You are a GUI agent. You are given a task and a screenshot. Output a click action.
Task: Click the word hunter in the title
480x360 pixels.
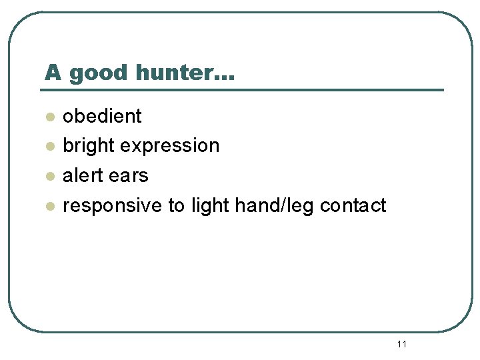176,72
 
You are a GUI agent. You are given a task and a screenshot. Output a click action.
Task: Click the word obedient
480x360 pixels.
102,116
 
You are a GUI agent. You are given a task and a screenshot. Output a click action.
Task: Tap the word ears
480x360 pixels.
131,175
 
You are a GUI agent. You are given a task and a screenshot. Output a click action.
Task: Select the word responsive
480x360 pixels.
112,206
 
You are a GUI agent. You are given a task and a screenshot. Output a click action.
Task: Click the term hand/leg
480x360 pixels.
275,205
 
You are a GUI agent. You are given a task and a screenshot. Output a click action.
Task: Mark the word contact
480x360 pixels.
353,205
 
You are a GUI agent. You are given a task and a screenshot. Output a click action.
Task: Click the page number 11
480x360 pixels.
401,344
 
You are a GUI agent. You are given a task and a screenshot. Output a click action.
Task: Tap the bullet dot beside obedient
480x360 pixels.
49,117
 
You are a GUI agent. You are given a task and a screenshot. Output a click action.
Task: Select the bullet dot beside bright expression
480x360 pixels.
49,147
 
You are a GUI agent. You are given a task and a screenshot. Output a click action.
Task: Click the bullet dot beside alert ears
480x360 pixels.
49,177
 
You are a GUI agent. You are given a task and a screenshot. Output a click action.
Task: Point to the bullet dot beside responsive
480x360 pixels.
49,207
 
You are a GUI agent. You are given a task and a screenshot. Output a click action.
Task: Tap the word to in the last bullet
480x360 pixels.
177,205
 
